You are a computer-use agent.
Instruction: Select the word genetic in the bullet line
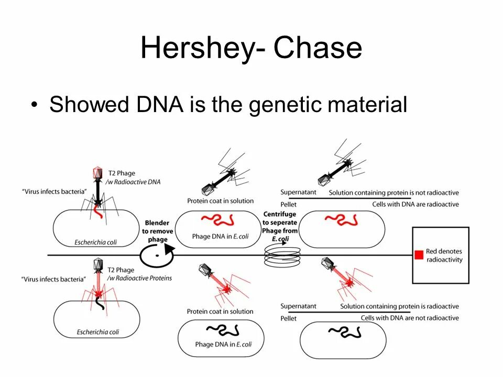point(284,105)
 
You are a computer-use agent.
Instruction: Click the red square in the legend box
point(419,255)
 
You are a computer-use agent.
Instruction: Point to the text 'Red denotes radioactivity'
point(444,256)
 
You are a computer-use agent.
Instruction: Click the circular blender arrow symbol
point(156,256)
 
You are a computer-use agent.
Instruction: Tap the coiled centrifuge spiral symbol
point(282,256)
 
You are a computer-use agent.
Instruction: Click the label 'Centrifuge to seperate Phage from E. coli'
point(280,227)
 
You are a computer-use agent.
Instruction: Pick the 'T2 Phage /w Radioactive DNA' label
point(134,178)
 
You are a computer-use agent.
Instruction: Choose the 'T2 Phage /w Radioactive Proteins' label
point(139,274)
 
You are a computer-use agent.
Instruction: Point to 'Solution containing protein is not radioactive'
point(393,193)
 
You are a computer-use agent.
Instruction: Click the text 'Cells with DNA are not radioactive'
point(410,318)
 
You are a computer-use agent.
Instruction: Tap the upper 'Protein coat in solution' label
point(221,201)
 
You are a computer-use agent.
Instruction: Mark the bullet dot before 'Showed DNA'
point(35,105)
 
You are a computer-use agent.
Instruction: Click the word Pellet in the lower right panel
point(289,318)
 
